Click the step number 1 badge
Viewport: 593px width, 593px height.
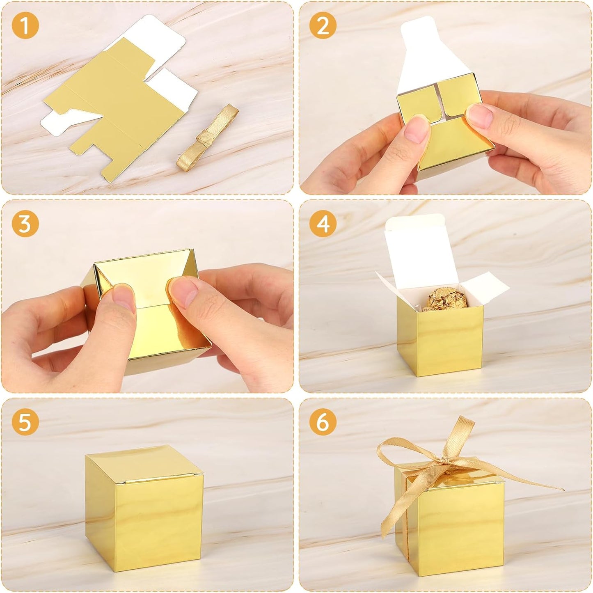click(25, 26)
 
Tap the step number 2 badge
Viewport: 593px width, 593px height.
click(323, 26)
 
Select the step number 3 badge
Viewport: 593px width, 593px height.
click(25, 224)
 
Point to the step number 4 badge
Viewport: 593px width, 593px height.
click(323, 224)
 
